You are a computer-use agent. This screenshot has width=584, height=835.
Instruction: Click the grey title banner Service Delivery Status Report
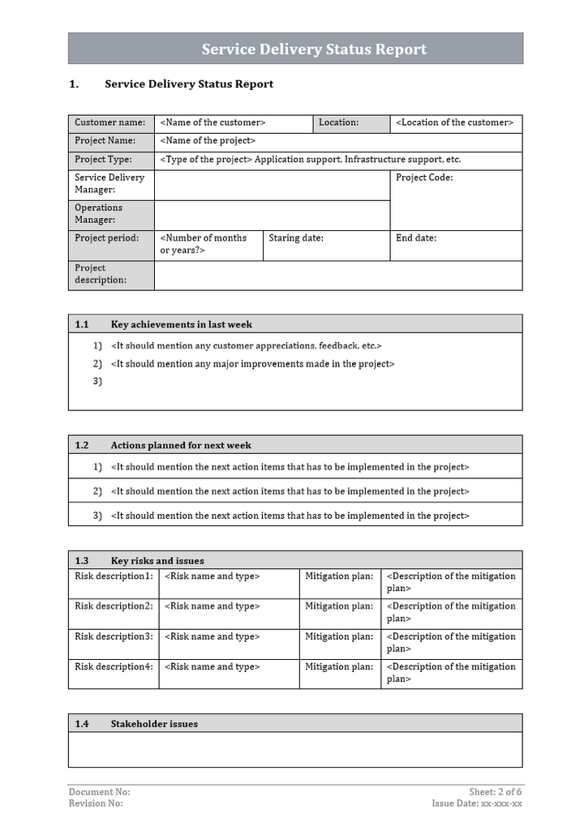(314, 49)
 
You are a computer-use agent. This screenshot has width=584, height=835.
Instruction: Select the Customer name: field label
(110, 123)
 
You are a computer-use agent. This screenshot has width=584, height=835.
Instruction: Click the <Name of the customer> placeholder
(213, 123)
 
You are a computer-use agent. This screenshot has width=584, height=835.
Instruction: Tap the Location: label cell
(338, 123)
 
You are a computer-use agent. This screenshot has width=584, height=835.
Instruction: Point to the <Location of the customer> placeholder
(454, 123)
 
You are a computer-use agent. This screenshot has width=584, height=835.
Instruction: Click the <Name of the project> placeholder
(208, 141)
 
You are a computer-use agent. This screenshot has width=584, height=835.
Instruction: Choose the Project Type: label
(103, 160)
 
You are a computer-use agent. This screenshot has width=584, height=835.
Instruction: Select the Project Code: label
(424, 178)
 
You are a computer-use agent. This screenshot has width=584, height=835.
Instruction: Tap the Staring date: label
(296, 238)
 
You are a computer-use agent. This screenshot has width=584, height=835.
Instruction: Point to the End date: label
(416, 238)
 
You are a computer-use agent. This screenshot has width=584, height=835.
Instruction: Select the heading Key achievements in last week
(182, 325)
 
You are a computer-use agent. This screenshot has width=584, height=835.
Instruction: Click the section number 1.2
(82, 445)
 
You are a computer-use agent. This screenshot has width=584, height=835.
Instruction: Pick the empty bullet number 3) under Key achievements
(97, 381)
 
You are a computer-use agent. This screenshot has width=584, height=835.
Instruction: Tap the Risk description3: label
(114, 637)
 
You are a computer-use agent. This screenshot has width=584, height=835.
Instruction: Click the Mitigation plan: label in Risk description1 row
(339, 576)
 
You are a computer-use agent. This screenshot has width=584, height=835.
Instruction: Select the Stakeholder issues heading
(154, 725)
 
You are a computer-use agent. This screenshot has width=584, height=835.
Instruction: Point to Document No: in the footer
(99, 792)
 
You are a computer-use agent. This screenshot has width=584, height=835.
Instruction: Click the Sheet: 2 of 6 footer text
(496, 792)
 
